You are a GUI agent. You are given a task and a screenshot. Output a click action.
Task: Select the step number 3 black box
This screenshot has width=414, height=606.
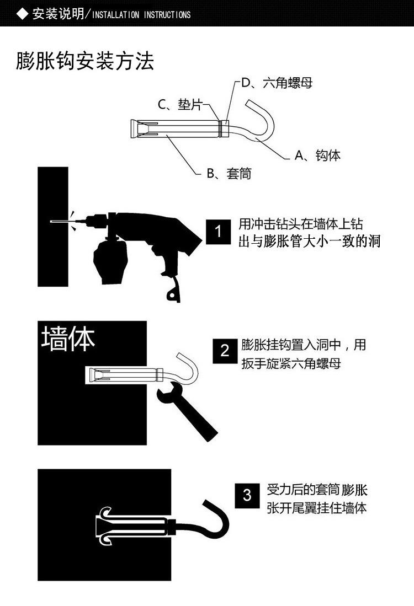247,495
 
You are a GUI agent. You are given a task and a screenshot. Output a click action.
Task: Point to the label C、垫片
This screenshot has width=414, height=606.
180,104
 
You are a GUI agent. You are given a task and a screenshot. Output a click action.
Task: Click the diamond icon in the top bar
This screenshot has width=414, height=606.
22,14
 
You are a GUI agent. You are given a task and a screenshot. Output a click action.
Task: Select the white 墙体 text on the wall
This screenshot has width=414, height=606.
68,339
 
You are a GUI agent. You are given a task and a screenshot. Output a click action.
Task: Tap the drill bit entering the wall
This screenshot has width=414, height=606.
59,222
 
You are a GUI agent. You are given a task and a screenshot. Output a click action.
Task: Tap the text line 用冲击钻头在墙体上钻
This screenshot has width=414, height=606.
300,224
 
